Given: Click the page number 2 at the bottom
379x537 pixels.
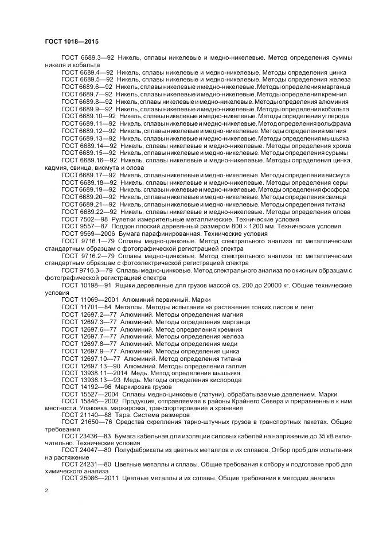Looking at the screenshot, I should (46, 491).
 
